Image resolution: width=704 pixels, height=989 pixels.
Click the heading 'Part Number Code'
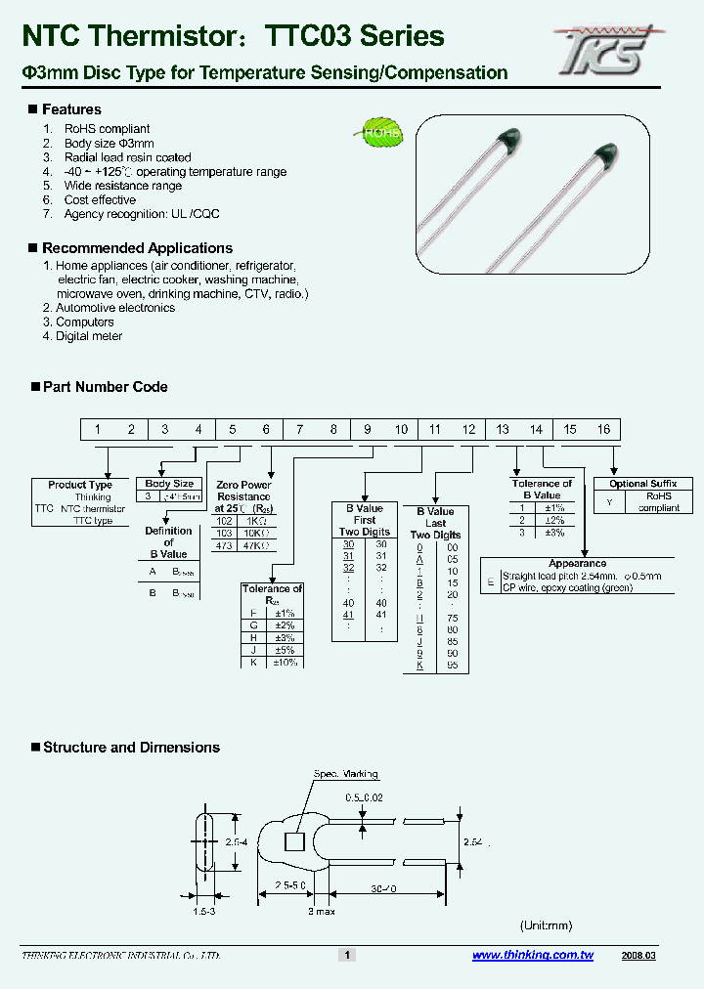pyautogui.click(x=105, y=387)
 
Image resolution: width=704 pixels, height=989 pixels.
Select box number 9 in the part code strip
pyautogui.click(x=367, y=429)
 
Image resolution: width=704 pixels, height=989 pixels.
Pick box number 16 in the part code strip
pyautogui.click(x=603, y=429)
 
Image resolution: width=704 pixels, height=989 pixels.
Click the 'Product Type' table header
pyautogui.click(x=80, y=485)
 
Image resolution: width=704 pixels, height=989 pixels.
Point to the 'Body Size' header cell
pyautogui.click(x=169, y=484)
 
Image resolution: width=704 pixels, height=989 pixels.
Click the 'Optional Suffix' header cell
pyautogui.click(x=642, y=484)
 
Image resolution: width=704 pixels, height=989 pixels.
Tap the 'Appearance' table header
pyautogui.click(x=577, y=564)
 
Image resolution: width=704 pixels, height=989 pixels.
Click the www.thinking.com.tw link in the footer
pyautogui.click(x=533, y=955)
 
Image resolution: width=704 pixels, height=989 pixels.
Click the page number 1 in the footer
pyautogui.click(x=345, y=955)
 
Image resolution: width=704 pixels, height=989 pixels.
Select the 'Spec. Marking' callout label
pyautogui.click(x=338, y=774)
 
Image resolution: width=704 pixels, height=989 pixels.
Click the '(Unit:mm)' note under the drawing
pyautogui.click(x=545, y=925)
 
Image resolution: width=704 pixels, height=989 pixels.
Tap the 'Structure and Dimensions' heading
pyautogui.click(x=131, y=748)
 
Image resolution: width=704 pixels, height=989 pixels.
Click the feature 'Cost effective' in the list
pyautogui.click(x=100, y=199)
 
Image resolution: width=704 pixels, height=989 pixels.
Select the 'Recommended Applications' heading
pyautogui.click(x=137, y=248)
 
